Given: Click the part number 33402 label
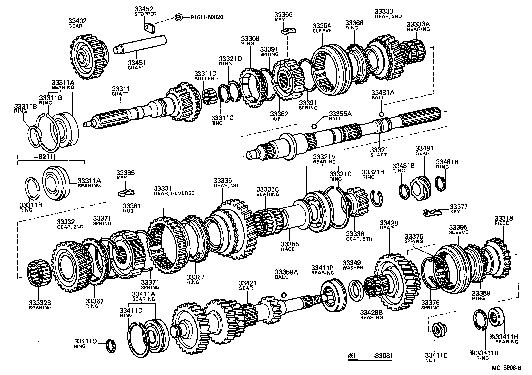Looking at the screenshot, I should click(x=77, y=21).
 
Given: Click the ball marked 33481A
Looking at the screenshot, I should click(x=381, y=105).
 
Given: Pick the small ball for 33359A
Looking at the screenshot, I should click(x=284, y=295).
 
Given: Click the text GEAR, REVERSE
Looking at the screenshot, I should click(x=174, y=193).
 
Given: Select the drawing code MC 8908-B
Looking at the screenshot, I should click(x=507, y=368).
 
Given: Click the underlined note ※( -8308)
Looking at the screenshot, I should click(x=369, y=356).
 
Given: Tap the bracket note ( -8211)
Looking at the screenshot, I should click(x=37, y=156).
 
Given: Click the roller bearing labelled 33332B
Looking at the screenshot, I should click(x=39, y=274).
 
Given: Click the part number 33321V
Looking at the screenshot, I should click(x=324, y=157).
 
